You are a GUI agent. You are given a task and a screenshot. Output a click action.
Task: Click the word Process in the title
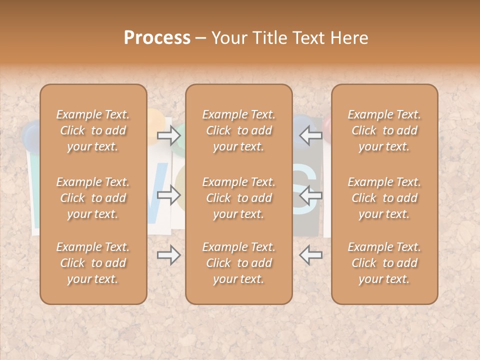click(x=157, y=38)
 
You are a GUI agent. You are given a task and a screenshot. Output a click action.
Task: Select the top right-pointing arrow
click(x=168, y=135)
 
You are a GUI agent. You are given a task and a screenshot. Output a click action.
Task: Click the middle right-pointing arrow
click(x=168, y=195)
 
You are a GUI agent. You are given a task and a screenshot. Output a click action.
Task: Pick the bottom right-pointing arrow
click(x=168, y=255)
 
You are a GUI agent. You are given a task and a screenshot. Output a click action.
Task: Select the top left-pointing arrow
click(x=310, y=135)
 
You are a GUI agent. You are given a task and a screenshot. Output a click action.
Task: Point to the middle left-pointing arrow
click(x=310, y=195)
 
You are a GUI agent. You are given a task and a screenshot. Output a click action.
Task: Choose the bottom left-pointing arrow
click(x=310, y=255)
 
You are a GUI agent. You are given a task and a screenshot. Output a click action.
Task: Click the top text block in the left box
click(x=93, y=130)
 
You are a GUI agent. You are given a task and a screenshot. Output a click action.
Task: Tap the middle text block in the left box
click(x=93, y=198)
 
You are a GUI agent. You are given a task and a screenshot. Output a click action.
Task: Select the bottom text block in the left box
click(x=93, y=263)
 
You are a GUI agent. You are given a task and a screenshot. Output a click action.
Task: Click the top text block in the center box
click(x=238, y=130)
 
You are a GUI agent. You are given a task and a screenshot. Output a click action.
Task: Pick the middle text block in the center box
click(x=238, y=198)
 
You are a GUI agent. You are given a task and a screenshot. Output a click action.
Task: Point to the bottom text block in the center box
click(x=238, y=263)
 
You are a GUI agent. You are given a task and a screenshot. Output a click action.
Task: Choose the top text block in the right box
click(x=384, y=130)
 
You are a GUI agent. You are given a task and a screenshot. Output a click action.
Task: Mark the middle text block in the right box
click(x=384, y=198)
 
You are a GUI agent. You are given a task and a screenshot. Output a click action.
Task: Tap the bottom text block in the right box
click(x=384, y=263)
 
